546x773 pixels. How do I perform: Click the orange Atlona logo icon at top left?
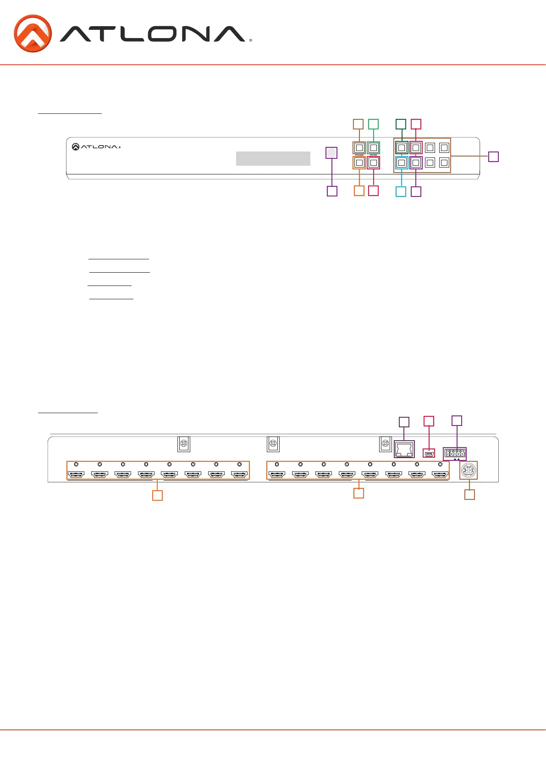(x=33, y=34)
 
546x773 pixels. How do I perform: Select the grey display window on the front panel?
(x=273, y=158)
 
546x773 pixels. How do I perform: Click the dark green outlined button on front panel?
(x=402, y=148)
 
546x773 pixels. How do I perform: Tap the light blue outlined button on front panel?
(x=402, y=162)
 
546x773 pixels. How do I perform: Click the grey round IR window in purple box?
(x=331, y=153)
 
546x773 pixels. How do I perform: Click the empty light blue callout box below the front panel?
(x=401, y=191)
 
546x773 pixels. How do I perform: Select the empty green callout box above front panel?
(x=374, y=124)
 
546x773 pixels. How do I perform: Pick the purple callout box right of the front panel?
(x=493, y=157)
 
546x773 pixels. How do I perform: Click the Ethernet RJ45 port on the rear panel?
(x=404, y=449)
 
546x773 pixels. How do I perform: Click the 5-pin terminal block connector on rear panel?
(x=455, y=454)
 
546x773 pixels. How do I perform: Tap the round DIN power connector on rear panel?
(x=469, y=470)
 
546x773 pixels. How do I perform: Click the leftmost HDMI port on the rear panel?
(x=76, y=474)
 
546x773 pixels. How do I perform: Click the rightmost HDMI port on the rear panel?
(x=440, y=474)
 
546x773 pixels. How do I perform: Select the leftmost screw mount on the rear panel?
(x=183, y=444)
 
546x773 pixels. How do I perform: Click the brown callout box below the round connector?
(x=469, y=494)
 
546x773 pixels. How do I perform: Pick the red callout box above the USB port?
(x=429, y=421)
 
